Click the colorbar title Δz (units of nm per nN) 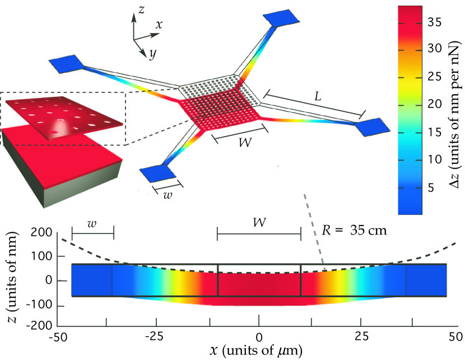[x=455, y=109]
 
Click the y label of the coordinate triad [x=152, y=54]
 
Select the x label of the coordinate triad [x=159, y=25]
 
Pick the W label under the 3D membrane [x=244, y=142]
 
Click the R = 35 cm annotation [x=354, y=230]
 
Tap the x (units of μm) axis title [x=256, y=352]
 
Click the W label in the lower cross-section [x=258, y=222]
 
